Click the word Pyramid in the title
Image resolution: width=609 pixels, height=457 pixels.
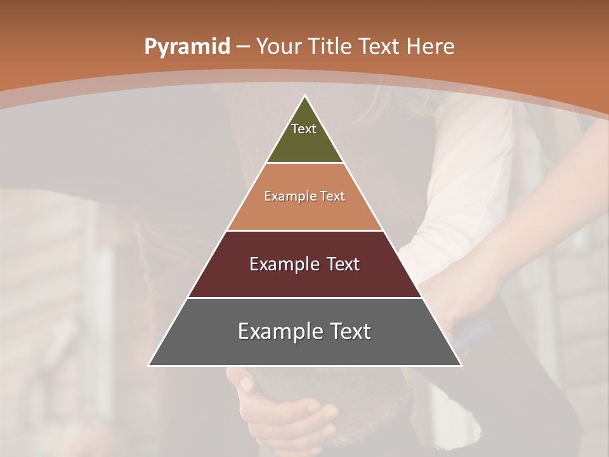click(187, 47)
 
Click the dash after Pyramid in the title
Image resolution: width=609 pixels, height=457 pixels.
click(243, 48)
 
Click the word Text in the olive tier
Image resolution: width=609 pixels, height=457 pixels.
click(304, 129)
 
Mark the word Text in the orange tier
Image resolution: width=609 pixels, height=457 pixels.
click(332, 197)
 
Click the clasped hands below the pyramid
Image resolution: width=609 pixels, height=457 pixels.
click(285, 413)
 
